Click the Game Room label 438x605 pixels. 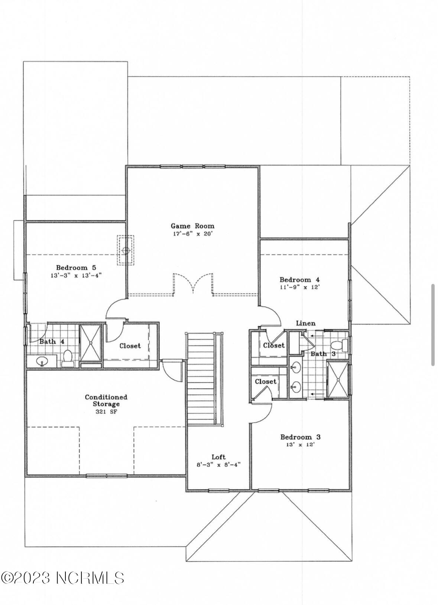pos(192,226)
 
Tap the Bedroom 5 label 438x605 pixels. pos(76,268)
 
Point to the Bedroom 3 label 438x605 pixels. pos(300,437)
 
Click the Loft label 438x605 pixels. pos(218,457)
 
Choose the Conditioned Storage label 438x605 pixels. pos(106,401)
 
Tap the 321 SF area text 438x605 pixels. pos(106,412)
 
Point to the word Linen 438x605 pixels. pos(305,323)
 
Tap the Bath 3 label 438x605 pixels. pos(323,353)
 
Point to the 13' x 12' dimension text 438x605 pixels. pos(300,445)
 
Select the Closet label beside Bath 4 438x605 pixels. pos(130,346)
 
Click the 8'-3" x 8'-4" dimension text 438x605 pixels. pos(218,465)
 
